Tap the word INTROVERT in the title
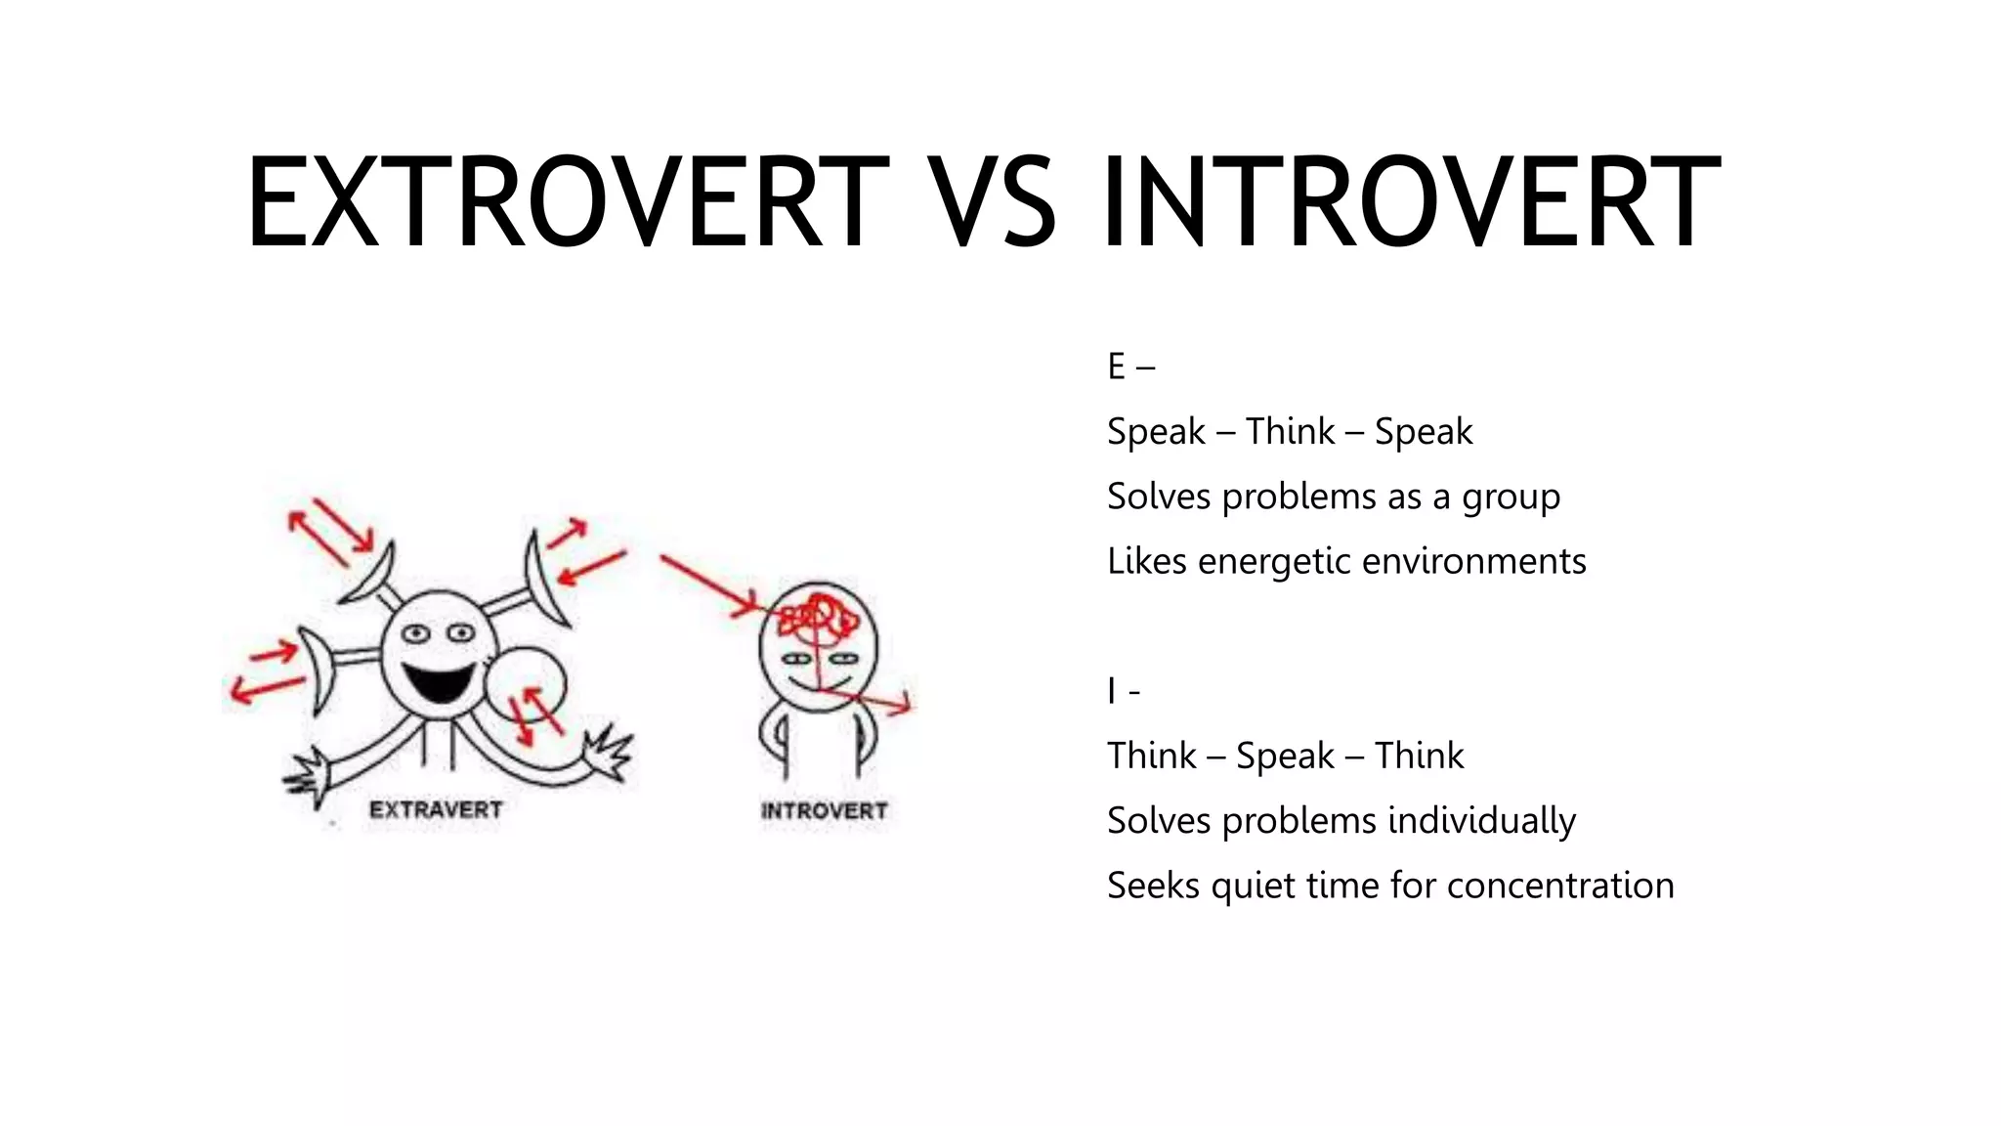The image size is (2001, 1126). [x=1411, y=202]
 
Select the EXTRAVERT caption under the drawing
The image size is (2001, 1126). [x=436, y=810]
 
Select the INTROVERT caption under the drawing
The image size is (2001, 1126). [x=824, y=811]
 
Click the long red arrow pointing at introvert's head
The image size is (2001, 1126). [x=707, y=585]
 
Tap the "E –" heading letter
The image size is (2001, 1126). [x=1117, y=367]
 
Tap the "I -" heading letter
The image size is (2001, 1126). [x=1112, y=691]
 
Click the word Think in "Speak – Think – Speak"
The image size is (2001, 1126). [x=1290, y=432]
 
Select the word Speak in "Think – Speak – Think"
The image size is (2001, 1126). [x=1284, y=757]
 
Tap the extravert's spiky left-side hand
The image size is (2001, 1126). [x=309, y=777]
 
